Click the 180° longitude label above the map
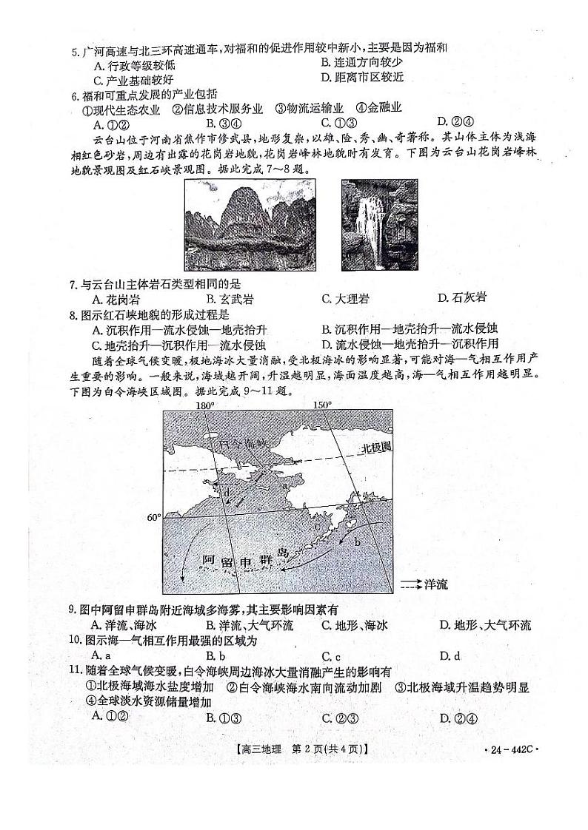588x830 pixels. [204, 405]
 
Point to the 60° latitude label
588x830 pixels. [153, 518]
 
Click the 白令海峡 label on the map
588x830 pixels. [246, 445]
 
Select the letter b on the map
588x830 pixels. [357, 542]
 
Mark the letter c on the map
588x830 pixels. [316, 527]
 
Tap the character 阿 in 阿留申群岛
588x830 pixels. [208, 560]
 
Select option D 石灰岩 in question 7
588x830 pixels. [462, 299]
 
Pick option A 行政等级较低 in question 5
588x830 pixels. [127, 64]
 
